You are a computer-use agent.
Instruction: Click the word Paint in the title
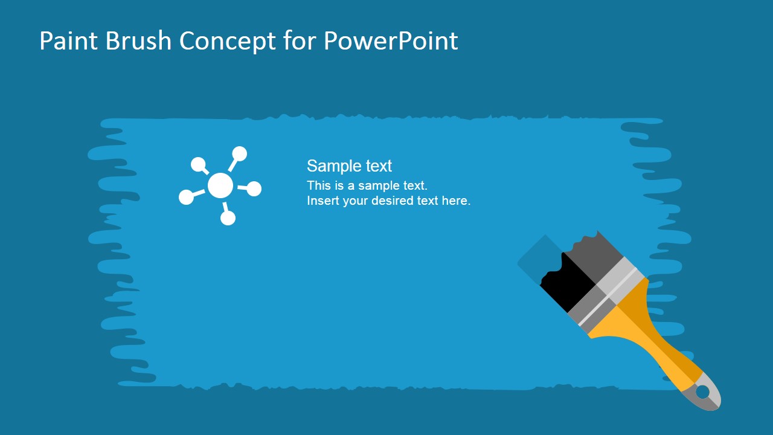point(63,41)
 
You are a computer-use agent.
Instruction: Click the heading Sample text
point(349,166)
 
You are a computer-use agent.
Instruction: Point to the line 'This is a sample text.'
point(367,185)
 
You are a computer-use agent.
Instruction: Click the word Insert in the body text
point(323,201)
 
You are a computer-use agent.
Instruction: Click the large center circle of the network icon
point(220,185)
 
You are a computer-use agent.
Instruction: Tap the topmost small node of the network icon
point(240,153)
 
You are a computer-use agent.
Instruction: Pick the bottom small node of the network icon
point(228,218)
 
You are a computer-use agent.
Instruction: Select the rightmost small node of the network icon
point(254,189)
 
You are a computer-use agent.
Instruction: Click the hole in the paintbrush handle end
point(702,391)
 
